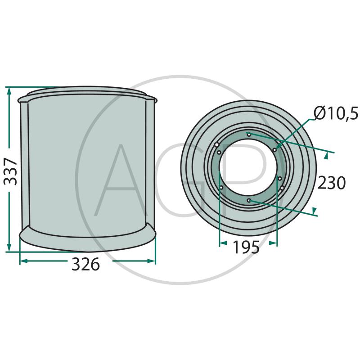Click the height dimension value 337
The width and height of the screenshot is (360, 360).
10,168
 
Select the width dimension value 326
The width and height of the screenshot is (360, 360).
85,264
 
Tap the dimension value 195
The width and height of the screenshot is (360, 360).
246,247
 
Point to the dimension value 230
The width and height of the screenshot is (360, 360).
331,183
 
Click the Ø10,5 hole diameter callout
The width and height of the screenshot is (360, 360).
336,113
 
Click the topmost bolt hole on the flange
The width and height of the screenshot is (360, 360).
249,134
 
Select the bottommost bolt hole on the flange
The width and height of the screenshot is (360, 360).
249,200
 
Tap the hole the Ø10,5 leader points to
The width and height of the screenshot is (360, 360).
274,150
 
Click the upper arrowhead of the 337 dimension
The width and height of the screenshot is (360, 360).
9,91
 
